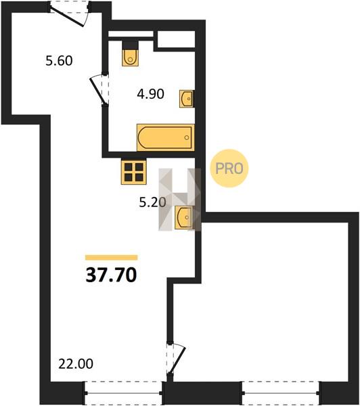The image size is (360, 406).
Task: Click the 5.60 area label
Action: [x=59, y=61]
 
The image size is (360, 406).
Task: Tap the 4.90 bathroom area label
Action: [x=150, y=94]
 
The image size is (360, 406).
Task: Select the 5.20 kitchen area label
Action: [x=152, y=202]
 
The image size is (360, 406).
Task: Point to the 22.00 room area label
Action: [x=76, y=364]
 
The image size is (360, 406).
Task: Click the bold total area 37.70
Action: [x=111, y=275]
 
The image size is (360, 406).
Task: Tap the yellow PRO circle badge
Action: [x=229, y=168]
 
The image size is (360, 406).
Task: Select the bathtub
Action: [x=166, y=137]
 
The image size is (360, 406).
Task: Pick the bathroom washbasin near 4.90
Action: [x=187, y=99]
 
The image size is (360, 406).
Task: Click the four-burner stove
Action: [x=134, y=171]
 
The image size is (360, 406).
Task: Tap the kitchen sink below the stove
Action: [x=184, y=217]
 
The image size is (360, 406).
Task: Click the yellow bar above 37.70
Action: [x=112, y=257]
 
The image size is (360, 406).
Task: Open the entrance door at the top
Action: [x=70, y=14]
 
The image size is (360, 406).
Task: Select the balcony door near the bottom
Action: [x=176, y=359]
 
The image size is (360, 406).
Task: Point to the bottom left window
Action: [x=123, y=393]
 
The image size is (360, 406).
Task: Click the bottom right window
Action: [x=282, y=393]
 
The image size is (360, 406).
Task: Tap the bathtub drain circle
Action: [x=187, y=137]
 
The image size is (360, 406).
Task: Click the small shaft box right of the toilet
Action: [x=176, y=39]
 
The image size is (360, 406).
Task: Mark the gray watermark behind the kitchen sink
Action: [x=180, y=200]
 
